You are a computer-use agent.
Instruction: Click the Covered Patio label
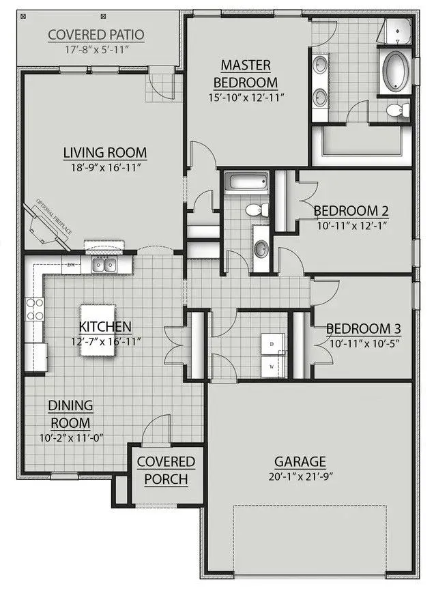click(96, 35)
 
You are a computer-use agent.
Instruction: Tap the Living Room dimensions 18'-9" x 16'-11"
click(106, 167)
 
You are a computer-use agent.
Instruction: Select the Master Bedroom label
click(246, 74)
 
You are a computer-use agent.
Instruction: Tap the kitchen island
click(98, 330)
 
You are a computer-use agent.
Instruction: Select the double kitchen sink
click(104, 265)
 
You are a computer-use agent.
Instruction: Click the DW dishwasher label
click(71, 265)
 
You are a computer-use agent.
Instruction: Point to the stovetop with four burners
click(35, 308)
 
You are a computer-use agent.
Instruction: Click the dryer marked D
click(272, 344)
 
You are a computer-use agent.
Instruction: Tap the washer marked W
click(272, 367)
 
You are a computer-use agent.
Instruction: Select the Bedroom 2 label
click(351, 211)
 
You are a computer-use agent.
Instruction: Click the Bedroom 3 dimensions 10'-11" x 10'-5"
click(364, 343)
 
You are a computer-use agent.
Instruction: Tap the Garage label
click(300, 461)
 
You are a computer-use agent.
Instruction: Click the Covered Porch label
click(166, 470)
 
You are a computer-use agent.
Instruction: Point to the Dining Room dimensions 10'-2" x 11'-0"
click(72, 438)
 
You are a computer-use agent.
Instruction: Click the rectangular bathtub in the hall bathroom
click(246, 182)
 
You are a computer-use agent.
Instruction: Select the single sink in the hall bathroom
click(261, 248)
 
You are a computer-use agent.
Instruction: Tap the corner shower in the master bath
click(394, 31)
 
